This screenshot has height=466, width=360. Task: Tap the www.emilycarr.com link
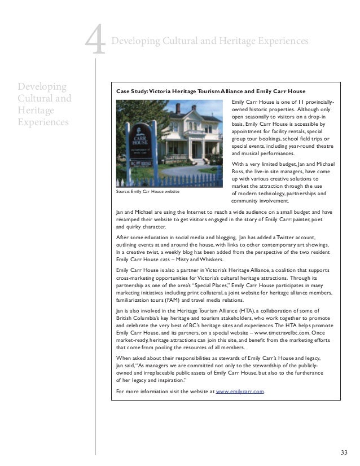tap(240, 391)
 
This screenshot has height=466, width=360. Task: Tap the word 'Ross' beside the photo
tap(238, 172)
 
